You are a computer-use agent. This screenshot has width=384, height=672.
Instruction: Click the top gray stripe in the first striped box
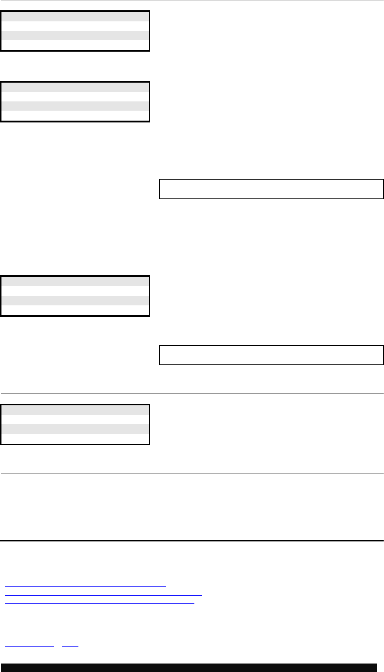tap(75, 17)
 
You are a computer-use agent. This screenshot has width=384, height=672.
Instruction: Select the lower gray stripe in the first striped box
tap(75, 35)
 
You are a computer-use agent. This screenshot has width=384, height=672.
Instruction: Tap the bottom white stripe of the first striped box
tap(75, 45)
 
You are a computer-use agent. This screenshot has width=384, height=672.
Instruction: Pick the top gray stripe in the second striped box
tap(75, 87)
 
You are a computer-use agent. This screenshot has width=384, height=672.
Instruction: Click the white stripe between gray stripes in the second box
tap(75, 97)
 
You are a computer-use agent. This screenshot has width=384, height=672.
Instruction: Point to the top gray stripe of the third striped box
tap(75, 281)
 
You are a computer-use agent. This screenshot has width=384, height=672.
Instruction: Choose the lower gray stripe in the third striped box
tap(75, 301)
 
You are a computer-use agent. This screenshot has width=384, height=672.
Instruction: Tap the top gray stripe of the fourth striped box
tap(75, 410)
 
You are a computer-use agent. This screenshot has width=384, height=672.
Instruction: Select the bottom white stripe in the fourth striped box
tap(75, 438)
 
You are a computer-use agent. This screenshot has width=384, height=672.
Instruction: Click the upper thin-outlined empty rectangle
tap(271, 189)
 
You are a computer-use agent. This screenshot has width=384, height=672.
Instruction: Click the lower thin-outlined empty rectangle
tap(271, 355)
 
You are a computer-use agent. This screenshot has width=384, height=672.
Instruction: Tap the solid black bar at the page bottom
tap(189, 668)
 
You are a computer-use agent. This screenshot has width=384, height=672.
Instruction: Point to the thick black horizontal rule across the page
tap(192, 541)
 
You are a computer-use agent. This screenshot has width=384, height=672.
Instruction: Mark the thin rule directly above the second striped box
tap(192, 71)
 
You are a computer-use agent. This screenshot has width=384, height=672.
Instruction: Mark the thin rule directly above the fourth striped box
tap(192, 394)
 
